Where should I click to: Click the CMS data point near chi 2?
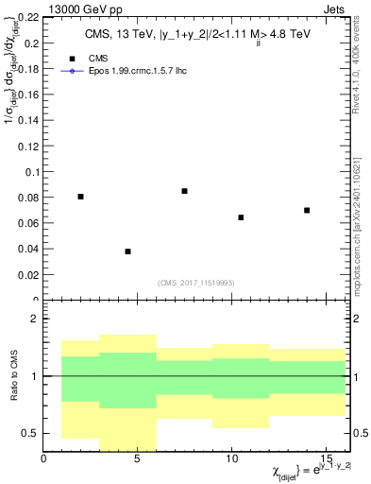pos(80,197)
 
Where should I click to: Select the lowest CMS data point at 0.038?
pos(127,251)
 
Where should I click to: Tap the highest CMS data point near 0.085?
pos(184,191)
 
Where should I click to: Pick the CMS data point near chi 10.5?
pos(241,217)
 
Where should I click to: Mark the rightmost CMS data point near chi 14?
pos(307,210)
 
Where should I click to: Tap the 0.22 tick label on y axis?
pos(26,18)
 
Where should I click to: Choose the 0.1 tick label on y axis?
pos(30,172)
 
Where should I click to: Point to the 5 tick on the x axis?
pos(138,458)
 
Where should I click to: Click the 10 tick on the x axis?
pos(231,458)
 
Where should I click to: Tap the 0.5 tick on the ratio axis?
pos(30,433)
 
